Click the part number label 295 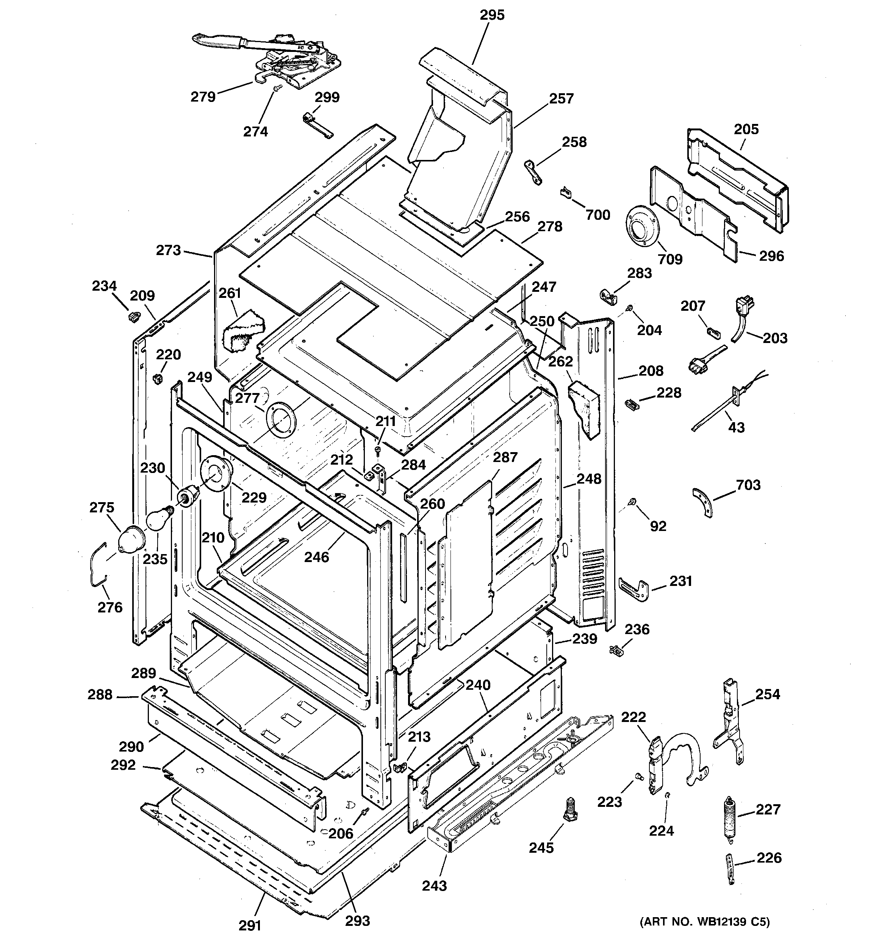point(492,16)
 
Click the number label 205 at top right point(746,129)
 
